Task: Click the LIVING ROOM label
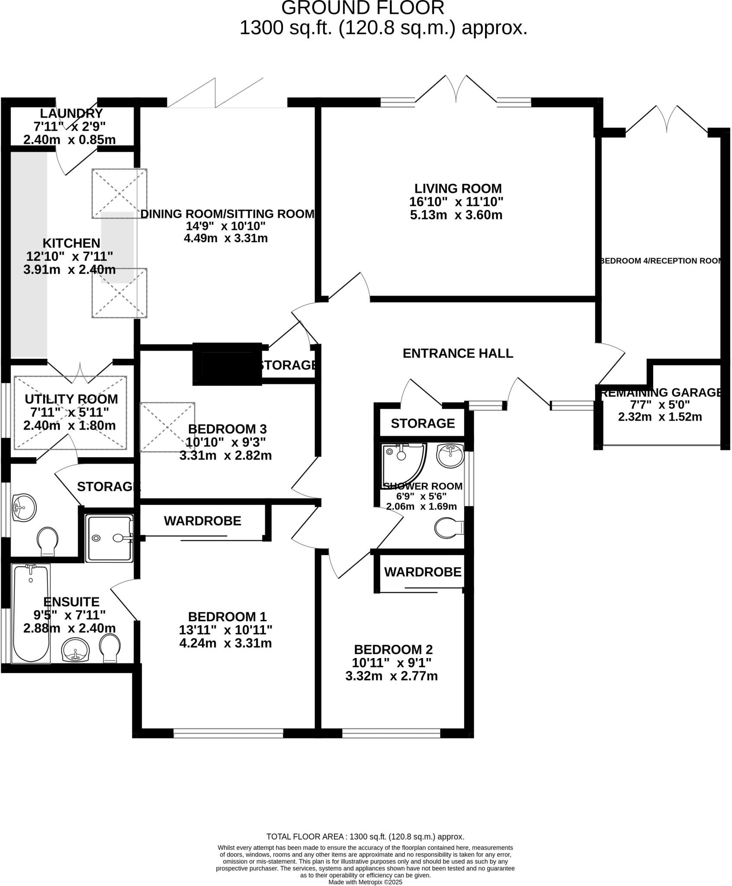coord(458,189)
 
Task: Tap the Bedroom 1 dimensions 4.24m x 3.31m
coord(225,643)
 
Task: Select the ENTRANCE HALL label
coord(458,353)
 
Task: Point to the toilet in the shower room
coord(449,528)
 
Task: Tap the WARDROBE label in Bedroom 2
coord(423,572)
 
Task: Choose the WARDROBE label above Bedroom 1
coord(202,521)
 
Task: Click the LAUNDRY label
coord(71,113)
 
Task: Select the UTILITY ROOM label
coord(71,399)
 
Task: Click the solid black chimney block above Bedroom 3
coord(227,364)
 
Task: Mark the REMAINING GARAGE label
coord(660,392)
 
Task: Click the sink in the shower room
coord(450,455)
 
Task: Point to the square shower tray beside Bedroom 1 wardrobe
coord(109,538)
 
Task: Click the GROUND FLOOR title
coord(363,8)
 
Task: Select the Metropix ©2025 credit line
coord(366,882)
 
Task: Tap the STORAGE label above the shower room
coord(423,423)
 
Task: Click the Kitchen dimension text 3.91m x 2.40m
coord(70,270)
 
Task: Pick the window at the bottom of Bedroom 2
coord(391,733)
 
